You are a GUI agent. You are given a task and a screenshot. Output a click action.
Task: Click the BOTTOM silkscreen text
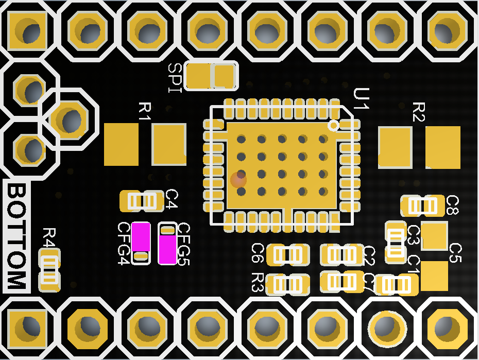tap(16, 236)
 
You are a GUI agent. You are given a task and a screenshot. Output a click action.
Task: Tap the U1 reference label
tap(362, 99)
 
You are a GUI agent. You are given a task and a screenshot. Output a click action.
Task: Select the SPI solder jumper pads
tap(211, 76)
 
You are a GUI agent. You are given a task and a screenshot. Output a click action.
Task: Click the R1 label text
tap(145, 111)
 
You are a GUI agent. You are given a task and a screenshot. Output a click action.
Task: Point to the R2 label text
tap(419, 111)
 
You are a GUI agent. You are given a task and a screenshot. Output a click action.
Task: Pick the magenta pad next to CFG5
tap(167, 249)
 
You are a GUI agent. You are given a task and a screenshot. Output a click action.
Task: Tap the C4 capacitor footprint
tap(142, 201)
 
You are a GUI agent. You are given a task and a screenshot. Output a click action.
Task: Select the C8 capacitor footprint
tap(423, 206)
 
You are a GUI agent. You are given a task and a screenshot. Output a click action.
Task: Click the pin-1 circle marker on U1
tap(334, 125)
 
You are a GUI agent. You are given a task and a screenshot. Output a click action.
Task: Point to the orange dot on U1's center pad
tap(238, 179)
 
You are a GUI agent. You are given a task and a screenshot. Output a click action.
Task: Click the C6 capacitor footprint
tap(288, 254)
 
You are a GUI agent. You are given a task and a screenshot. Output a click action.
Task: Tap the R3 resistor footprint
tap(287, 284)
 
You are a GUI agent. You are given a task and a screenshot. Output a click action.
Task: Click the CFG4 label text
tap(124, 243)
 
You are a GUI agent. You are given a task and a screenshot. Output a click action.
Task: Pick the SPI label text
tap(175, 78)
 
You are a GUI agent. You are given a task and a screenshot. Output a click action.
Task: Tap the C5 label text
tap(455, 252)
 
